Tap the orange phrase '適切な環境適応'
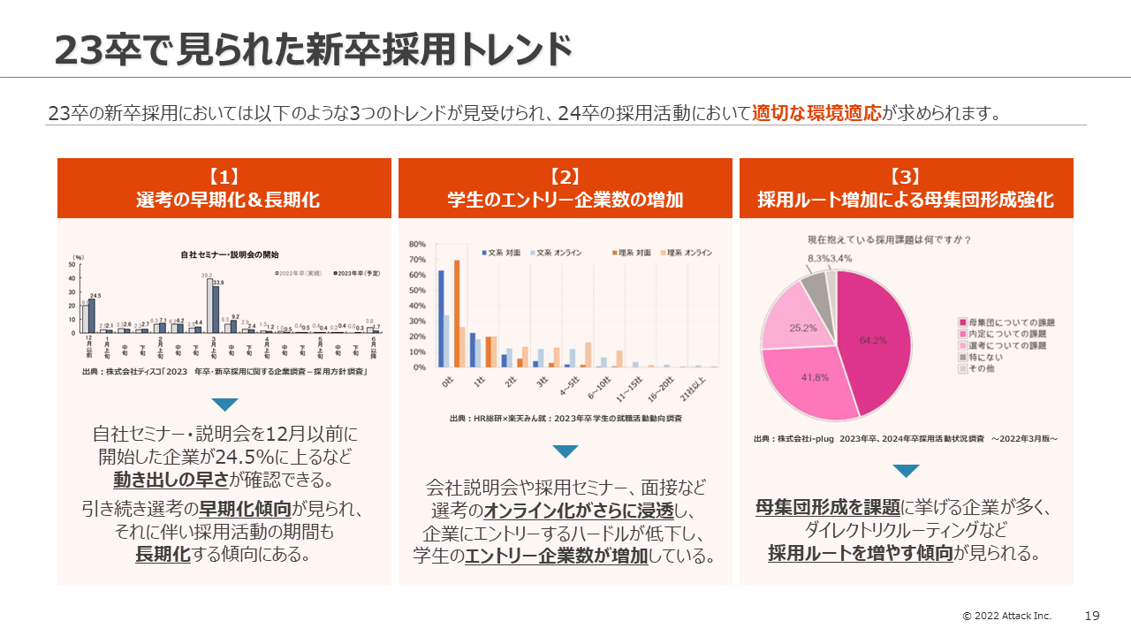(x=816, y=113)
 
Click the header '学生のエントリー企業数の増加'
(x=565, y=200)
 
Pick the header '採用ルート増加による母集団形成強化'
(x=906, y=200)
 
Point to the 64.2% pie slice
(x=875, y=340)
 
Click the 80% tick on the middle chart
(x=417, y=244)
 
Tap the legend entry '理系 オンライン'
(x=688, y=253)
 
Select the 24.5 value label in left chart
(x=95, y=295)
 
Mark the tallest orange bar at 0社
(x=457, y=313)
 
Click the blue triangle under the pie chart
(x=906, y=471)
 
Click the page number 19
(x=1092, y=616)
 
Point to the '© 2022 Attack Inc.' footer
(x=1007, y=616)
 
